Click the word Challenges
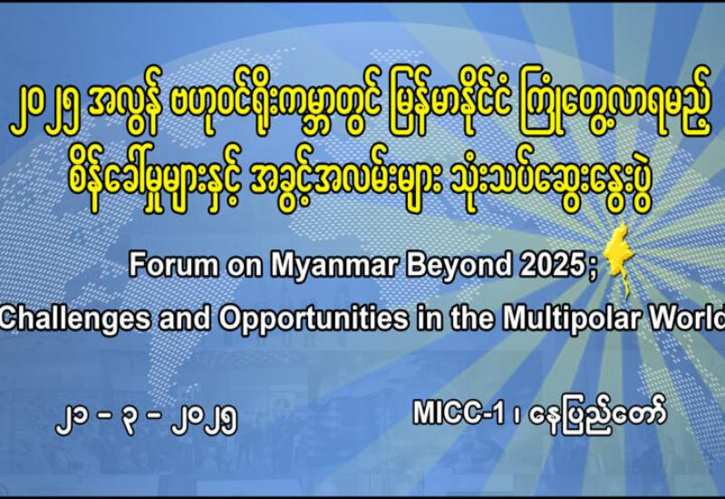point(75,319)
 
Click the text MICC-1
point(459,412)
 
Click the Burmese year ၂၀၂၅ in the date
point(204,419)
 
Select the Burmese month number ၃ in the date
point(130,420)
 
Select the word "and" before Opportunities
point(185,318)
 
